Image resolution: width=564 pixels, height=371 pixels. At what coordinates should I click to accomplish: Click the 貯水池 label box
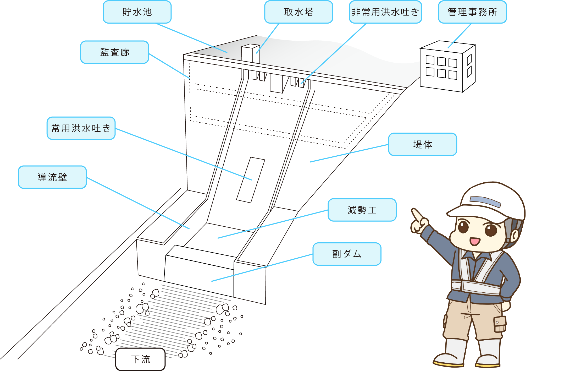[x=137, y=12]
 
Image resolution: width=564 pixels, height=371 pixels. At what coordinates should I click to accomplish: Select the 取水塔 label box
[x=298, y=12]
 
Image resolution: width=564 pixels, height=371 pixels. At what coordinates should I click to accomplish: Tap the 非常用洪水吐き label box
[x=385, y=12]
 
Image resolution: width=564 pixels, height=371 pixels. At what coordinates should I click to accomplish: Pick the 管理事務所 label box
[x=472, y=12]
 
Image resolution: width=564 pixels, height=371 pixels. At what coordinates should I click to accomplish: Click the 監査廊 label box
[x=114, y=52]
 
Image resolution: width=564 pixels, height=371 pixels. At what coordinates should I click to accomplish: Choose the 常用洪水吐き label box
[x=81, y=128]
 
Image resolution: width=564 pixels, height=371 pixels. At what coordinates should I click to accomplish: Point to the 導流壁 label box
[x=52, y=177]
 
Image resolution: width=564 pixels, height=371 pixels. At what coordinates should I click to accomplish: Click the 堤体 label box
[x=422, y=144]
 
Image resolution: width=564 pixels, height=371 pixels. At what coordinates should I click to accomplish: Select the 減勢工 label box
[x=362, y=210]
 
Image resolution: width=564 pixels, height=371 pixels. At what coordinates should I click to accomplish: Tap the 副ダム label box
[x=347, y=254]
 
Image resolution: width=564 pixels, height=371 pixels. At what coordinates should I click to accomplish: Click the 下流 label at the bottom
[x=140, y=359]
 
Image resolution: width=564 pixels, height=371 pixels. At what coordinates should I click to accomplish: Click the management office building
[x=447, y=67]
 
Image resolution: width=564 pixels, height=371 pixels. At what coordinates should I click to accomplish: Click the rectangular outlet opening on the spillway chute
[x=251, y=180]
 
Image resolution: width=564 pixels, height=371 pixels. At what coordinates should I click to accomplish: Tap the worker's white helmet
[x=492, y=199]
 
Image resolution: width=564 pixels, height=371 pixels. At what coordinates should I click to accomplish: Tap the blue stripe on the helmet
[x=485, y=201]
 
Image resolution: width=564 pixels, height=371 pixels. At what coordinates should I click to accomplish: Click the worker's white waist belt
[x=479, y=287]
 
